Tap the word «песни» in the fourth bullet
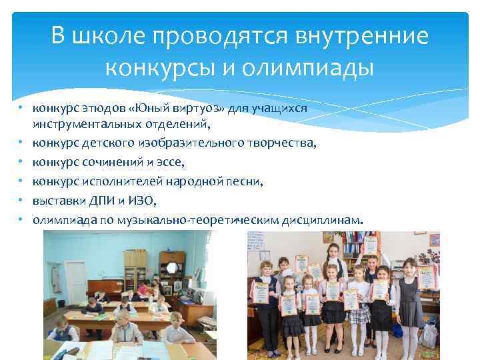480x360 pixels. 246,181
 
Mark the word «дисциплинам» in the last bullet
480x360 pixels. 325,219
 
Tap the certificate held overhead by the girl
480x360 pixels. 368,244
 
